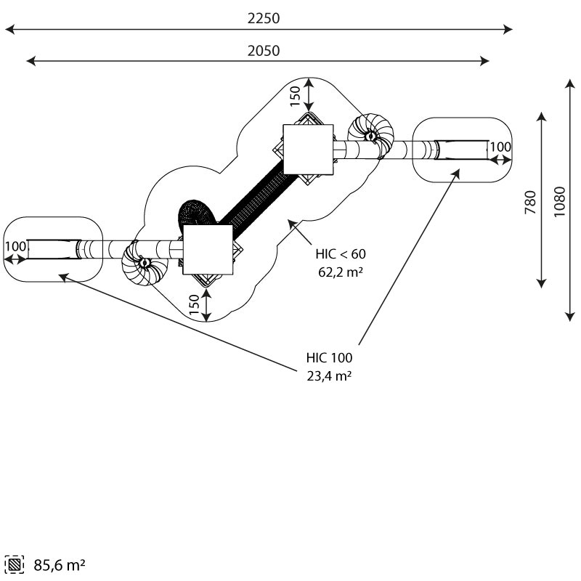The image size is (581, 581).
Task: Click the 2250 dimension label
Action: [x=264, y=18]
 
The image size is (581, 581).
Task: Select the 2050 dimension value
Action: [x=264, y=51]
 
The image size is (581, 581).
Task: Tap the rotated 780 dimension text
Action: [x=531, y=203]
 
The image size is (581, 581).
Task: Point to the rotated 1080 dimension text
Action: [x=559, y=202]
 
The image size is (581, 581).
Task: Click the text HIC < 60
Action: [x=341, y=253]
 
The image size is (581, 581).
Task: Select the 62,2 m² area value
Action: [x=341, y=272]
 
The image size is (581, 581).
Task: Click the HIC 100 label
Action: [x=329, y=357]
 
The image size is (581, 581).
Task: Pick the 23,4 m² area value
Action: [x=329, y=375]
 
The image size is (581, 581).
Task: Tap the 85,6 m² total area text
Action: [x=60, y=565]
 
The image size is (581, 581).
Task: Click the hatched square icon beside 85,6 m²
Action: [x=15, y=565]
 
